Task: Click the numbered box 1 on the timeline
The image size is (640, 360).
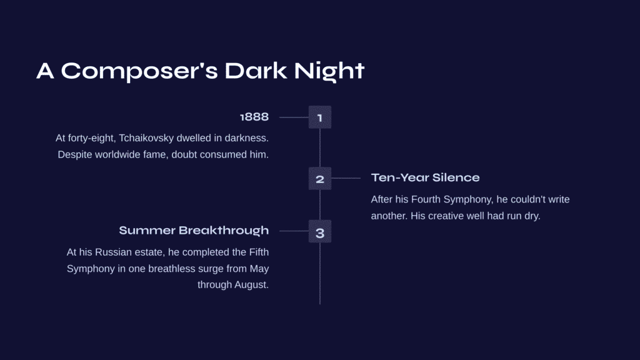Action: tap(320, 117)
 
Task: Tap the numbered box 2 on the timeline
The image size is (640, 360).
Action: tap(320, 178)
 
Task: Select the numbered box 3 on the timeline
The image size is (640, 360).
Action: tap(320, 231)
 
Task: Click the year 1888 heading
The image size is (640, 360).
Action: tap(254, 117)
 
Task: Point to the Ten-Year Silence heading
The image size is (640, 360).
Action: tap(425, 177)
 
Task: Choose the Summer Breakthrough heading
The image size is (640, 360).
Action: tap(194, 231)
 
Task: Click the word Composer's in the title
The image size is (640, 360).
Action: tap(139, 71)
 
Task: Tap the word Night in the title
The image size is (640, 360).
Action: tap(329, 71)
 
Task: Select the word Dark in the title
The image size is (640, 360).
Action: tap(256, 71)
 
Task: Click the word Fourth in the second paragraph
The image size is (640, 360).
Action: tap(426, 199)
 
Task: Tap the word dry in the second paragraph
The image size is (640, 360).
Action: tap(532, 216)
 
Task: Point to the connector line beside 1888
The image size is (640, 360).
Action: tap(294, 117)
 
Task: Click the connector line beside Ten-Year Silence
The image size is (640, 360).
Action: tap(346, 178)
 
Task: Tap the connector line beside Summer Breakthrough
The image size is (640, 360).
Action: tap(294, 231)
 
